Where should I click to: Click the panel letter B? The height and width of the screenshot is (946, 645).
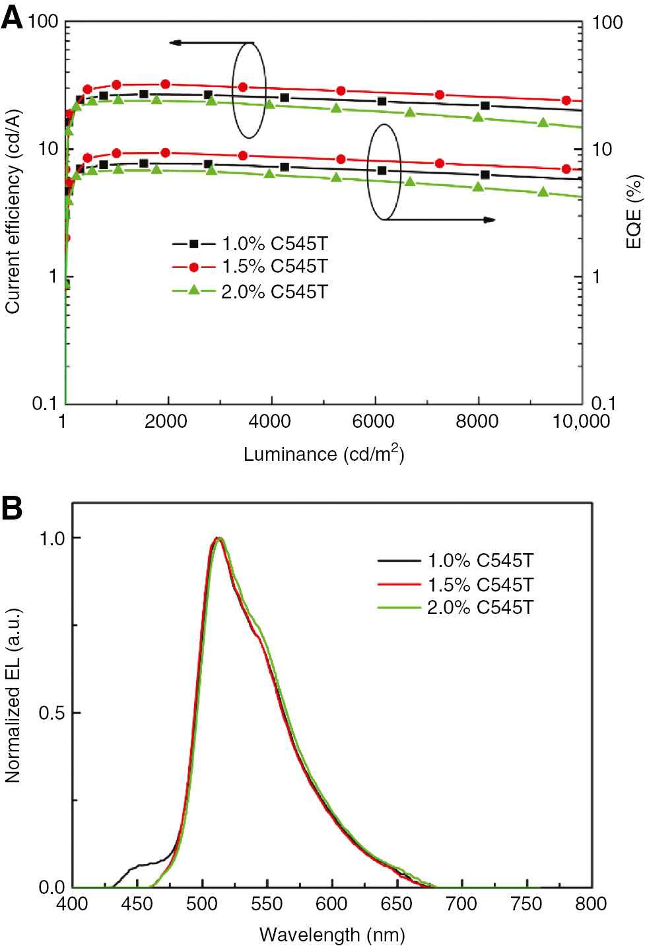pos(12,508)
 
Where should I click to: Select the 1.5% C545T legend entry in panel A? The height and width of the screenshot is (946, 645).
pos(250,267)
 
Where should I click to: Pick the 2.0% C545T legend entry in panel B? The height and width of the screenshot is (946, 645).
pos(456,607)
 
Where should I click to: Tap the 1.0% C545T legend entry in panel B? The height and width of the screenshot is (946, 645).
pos(456,560)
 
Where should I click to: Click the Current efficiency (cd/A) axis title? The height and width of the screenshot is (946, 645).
pos(13,211)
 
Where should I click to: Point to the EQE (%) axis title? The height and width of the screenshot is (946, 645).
pos(634,211)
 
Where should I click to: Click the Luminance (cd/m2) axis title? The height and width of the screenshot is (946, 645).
pos(323,454)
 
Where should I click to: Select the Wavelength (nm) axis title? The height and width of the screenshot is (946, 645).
pos(332,935)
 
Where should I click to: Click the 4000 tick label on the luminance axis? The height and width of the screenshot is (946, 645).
pos(269,422)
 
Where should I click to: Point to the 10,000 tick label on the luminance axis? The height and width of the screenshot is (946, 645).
pos(581,422)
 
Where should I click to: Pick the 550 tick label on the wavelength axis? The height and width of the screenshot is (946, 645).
pos(267,904)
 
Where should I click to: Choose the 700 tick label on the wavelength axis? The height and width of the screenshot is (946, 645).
pos(461,904)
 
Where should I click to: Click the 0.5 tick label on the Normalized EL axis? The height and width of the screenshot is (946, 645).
pos(51,713)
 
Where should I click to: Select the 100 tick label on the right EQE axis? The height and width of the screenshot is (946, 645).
pos(607,23)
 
